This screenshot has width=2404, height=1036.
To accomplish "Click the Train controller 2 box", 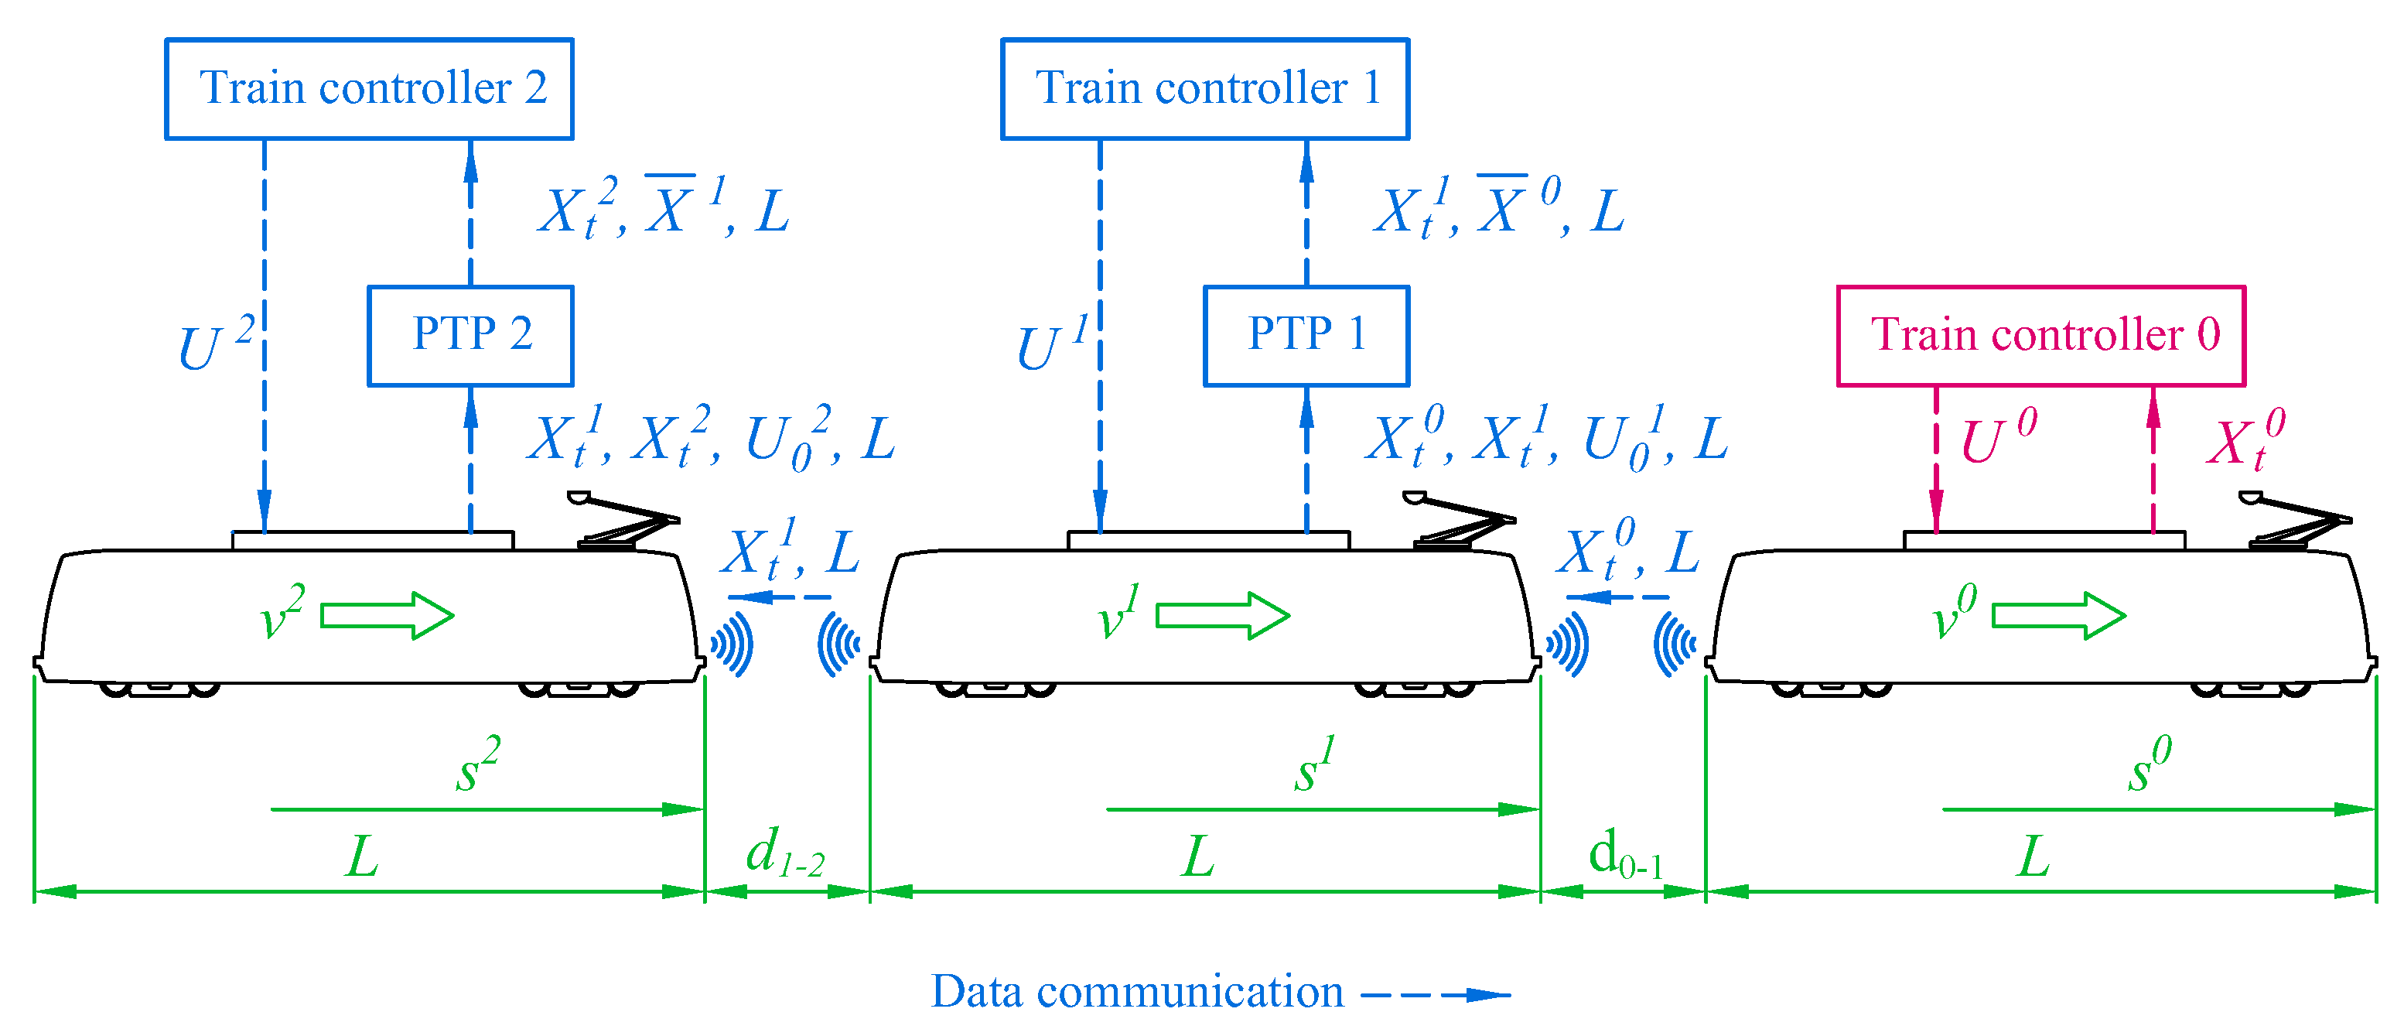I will [x=369, y=89].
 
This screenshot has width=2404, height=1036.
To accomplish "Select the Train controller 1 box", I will [x=1205, y=89].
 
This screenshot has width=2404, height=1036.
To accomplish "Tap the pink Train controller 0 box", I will [x=2041, y=335].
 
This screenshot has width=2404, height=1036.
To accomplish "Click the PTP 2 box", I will [x=470, y=335].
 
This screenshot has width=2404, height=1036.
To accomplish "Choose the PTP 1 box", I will [x=1306, y=335].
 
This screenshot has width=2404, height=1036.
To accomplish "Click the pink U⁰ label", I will [x=1997, y=437].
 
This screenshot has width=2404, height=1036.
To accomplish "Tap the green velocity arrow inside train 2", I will [x=387, y=615].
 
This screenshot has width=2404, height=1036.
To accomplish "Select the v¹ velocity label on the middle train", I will [x=1117, y=614].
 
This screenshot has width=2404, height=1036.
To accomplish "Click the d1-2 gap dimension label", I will [x=784, y=854].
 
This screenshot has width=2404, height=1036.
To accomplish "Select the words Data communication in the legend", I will [x=1137, y=991].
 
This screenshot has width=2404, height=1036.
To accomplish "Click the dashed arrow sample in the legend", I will [x=1436, y=995].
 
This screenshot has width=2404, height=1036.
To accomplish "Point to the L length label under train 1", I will [x=1198, y=856].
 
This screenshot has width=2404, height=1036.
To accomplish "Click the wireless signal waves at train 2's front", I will [x=732, y=644].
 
